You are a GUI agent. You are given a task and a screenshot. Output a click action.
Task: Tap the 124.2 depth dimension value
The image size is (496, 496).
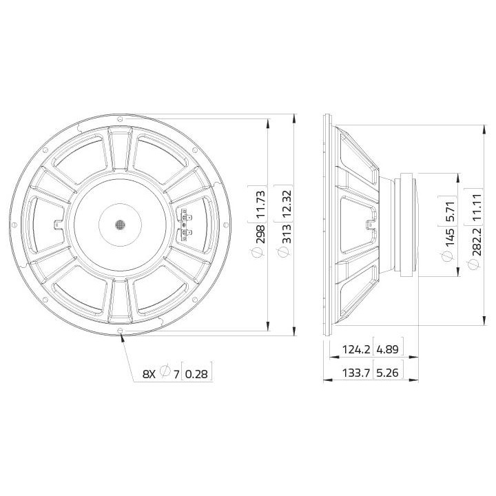coord(356,350)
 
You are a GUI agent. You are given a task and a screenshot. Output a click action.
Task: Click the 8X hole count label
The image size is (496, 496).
coord(149,373)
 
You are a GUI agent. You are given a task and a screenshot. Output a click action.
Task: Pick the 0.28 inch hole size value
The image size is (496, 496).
coord(197,373)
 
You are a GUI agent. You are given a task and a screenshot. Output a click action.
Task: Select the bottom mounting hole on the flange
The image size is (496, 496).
coord(121,332)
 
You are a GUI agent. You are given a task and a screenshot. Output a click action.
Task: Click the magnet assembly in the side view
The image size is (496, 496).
coord(407,225)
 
